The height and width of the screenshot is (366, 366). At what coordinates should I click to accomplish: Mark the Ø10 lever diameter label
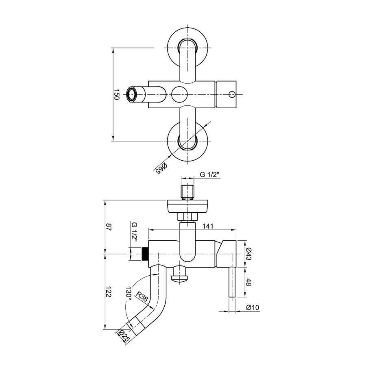coord(253,308)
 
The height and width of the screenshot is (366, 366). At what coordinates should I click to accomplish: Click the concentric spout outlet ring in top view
coord(133,95)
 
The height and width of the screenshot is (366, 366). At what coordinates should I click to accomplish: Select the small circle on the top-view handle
coord(232,95)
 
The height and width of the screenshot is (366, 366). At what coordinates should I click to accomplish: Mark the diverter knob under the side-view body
coord(179,277)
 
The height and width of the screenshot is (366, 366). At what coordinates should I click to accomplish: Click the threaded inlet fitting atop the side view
coord(187,192)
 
